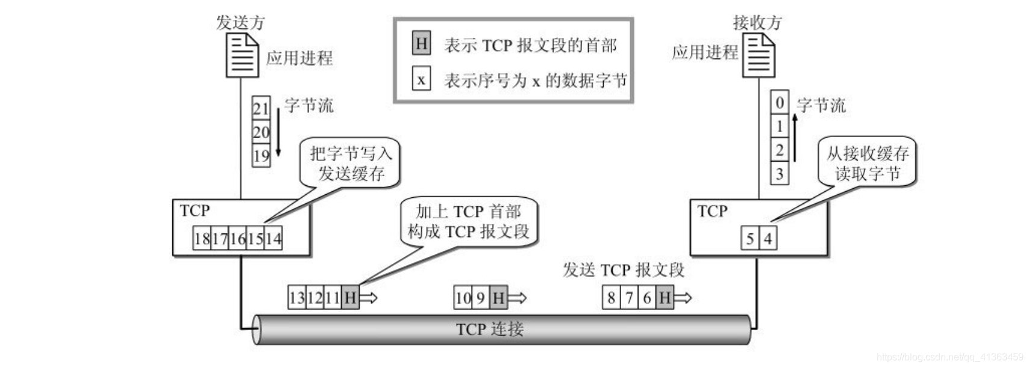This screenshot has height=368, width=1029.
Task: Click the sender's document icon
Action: click(x=242, y=55)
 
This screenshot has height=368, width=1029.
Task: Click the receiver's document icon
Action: click(x=759, y=55)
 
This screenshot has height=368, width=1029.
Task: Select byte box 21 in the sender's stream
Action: click(x=261, y=109)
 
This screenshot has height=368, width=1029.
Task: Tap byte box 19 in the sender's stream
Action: click(x=261, y=156)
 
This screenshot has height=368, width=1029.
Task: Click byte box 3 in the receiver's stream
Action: click(x=780, y=174)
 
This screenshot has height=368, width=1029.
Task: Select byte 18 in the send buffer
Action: click(x=202, y=239)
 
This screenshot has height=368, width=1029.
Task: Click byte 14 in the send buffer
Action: click(x=274, y=239)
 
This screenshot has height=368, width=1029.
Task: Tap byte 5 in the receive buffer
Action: click(x=750, y=239)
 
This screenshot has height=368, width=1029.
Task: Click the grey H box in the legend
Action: click(x=422, y=43)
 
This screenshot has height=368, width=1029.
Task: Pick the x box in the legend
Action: click(x=421, y=80)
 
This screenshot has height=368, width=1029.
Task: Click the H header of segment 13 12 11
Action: click(x=351, y=297)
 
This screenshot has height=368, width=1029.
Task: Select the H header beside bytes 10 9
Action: click(x=498, y=297)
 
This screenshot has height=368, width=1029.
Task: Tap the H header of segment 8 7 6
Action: click(x=665, y=297)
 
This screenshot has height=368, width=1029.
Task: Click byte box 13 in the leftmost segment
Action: click(x=297, y=297)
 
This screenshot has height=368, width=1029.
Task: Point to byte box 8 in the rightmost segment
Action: click(x=611, y=297)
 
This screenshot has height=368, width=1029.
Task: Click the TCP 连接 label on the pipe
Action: click(x=489, y=329)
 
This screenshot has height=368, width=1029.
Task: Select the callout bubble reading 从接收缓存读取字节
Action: click(x=867, y=162)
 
